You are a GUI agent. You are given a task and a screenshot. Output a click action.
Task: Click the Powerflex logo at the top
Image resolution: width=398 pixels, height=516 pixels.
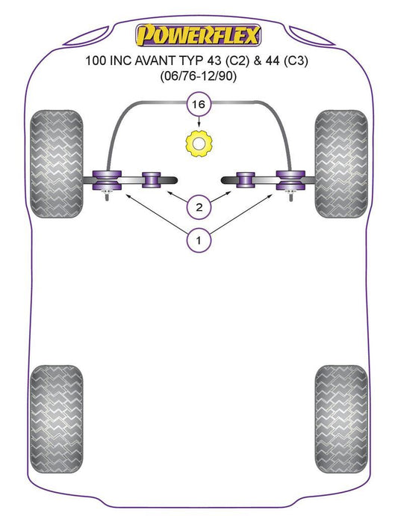pos(199,35)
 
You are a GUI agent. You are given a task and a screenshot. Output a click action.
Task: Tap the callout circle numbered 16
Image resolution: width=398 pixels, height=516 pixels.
pos(199,104)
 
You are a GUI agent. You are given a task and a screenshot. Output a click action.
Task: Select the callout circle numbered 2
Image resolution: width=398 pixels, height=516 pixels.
pos(199,207)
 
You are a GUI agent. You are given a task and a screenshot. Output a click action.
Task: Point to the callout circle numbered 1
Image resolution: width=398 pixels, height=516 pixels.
pos(199,240)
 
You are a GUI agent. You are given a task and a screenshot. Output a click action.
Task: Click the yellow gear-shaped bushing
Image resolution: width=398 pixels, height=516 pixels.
pos(199,144)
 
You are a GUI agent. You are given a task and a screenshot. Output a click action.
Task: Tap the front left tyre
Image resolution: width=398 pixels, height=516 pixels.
pos(56,164)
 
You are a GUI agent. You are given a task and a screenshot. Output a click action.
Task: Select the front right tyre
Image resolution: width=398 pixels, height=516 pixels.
pos(341,164)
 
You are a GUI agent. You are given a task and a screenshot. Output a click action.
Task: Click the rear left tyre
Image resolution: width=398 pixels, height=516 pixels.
pos(56,419)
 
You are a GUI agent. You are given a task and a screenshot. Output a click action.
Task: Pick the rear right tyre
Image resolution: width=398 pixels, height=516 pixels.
pos(341,419)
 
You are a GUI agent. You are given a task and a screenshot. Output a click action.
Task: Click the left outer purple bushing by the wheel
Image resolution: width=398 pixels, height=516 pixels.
pos(107,180)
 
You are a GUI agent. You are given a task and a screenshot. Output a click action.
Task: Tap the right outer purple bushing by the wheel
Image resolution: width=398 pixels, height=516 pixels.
pos(290,180)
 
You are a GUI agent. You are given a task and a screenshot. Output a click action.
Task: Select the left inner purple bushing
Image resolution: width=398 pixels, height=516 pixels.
pos(151,180)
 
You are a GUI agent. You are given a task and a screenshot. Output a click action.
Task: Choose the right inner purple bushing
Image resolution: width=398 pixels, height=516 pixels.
pos(246,180)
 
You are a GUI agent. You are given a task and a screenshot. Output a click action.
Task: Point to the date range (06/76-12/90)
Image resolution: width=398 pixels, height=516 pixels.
pos(199,77)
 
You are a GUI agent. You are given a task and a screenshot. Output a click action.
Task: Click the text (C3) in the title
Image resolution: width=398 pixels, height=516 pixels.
pos(296,61)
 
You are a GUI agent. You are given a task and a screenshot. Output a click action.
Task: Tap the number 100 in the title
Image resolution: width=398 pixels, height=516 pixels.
pos(96,61)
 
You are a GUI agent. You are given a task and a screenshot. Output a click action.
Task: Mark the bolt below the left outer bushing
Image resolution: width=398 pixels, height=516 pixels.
pos(107,196)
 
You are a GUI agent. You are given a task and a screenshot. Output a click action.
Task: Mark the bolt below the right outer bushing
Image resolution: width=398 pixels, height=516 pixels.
pos(291,196)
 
